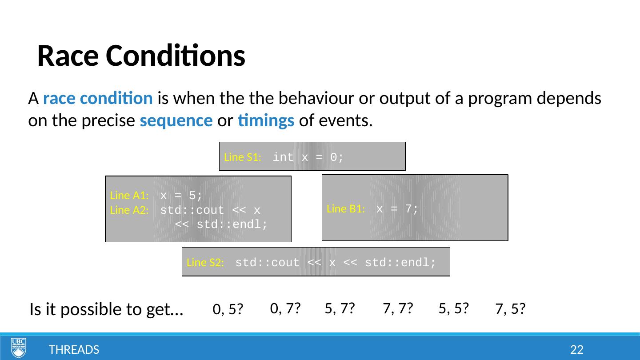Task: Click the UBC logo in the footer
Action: (19, 348)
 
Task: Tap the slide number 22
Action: (576, 350)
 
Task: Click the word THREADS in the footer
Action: (74, 350)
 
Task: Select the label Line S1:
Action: (243, 157)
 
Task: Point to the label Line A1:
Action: (129, 196)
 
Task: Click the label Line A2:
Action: (129, 210)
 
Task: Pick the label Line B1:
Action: (346, 209)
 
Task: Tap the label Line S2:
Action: (205, 262)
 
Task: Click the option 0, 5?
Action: (228, 309)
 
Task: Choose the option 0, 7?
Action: (285, 308)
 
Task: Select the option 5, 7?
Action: (340, 308)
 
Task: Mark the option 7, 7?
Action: (398, 308)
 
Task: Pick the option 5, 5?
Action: (454, 308)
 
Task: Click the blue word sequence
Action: (176, 121)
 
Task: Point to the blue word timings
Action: (266, 121)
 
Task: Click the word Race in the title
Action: (68, 56)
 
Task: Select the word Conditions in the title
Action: (176, 56)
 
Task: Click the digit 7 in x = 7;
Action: (408, 209)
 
